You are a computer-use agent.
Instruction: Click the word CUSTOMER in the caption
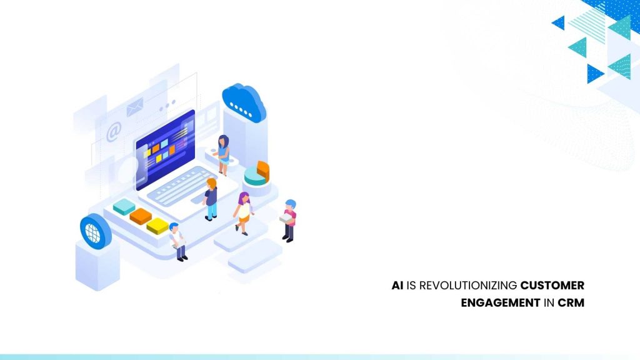(x=552, y=285)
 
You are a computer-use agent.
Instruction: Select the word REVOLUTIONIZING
(x=468, y=285)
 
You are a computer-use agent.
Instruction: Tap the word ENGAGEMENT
(x=501, y=303)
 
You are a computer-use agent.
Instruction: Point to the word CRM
(x=571, y=303)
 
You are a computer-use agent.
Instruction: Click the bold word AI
(x=397, y=285)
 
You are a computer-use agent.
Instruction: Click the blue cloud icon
(x=244, y=103)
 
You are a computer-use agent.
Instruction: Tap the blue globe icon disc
(x=96, y=231)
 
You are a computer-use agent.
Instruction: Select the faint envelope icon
(x=134, y=107)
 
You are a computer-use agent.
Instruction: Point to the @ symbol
(x=114, y=132)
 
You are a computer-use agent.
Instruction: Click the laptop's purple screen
(x=165, y=149)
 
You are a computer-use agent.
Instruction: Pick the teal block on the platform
(x=124, y=207)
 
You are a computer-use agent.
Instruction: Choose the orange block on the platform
(x=141, y=216)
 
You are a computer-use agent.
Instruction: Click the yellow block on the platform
(x=157, y=226)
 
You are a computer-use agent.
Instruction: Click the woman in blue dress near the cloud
(x=222, y=155)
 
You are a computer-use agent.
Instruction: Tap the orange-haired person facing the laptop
(x=210, y=199)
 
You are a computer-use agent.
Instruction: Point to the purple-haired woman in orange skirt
(x=244, y=214)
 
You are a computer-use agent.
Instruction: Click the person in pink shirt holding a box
(x=289, y=221)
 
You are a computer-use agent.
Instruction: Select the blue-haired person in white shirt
(x=178, y=242)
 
